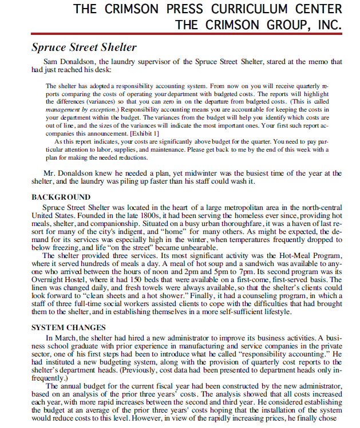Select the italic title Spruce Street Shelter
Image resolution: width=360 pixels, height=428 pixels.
84,47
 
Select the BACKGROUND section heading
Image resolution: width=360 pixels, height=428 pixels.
60,197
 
